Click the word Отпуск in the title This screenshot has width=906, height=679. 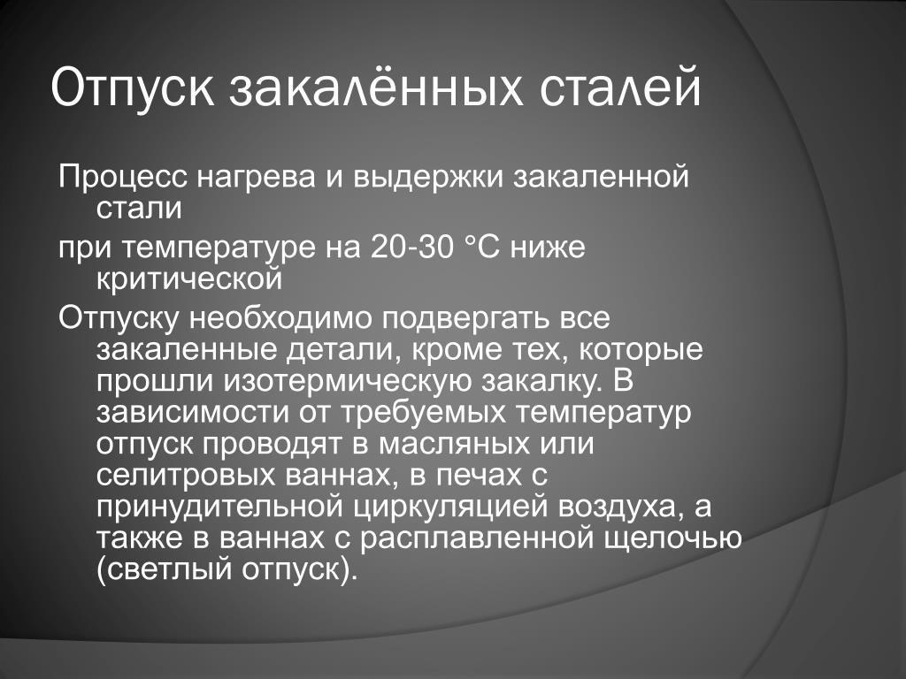[133, 88]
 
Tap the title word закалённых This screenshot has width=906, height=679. [376, 88]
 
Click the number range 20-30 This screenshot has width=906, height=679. [411, 247]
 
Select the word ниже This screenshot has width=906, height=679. [548, 247]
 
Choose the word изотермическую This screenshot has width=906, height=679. [348, 382]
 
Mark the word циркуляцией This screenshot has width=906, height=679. [450, 507]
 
